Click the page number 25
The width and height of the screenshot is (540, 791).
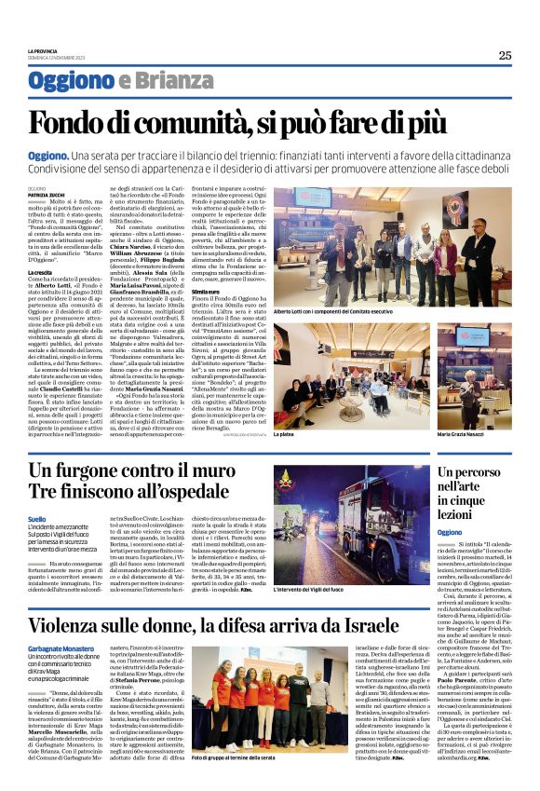tap(505, 56)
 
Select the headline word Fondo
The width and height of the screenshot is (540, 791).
tap(72, 124)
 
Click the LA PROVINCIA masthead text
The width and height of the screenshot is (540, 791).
tap(44, 50)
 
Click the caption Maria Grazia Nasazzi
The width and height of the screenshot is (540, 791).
tap(462, 408)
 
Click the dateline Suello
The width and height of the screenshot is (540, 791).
tap(37, 518)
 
